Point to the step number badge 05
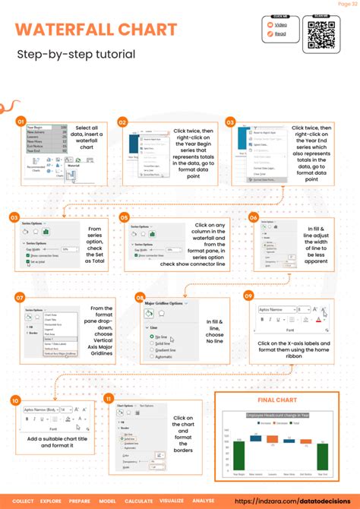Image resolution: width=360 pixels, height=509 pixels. (124, 217)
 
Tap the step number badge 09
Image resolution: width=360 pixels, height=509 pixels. (248, 295)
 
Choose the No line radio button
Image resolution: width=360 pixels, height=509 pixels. (153, 335)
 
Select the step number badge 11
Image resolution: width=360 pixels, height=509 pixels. (109, 398)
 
